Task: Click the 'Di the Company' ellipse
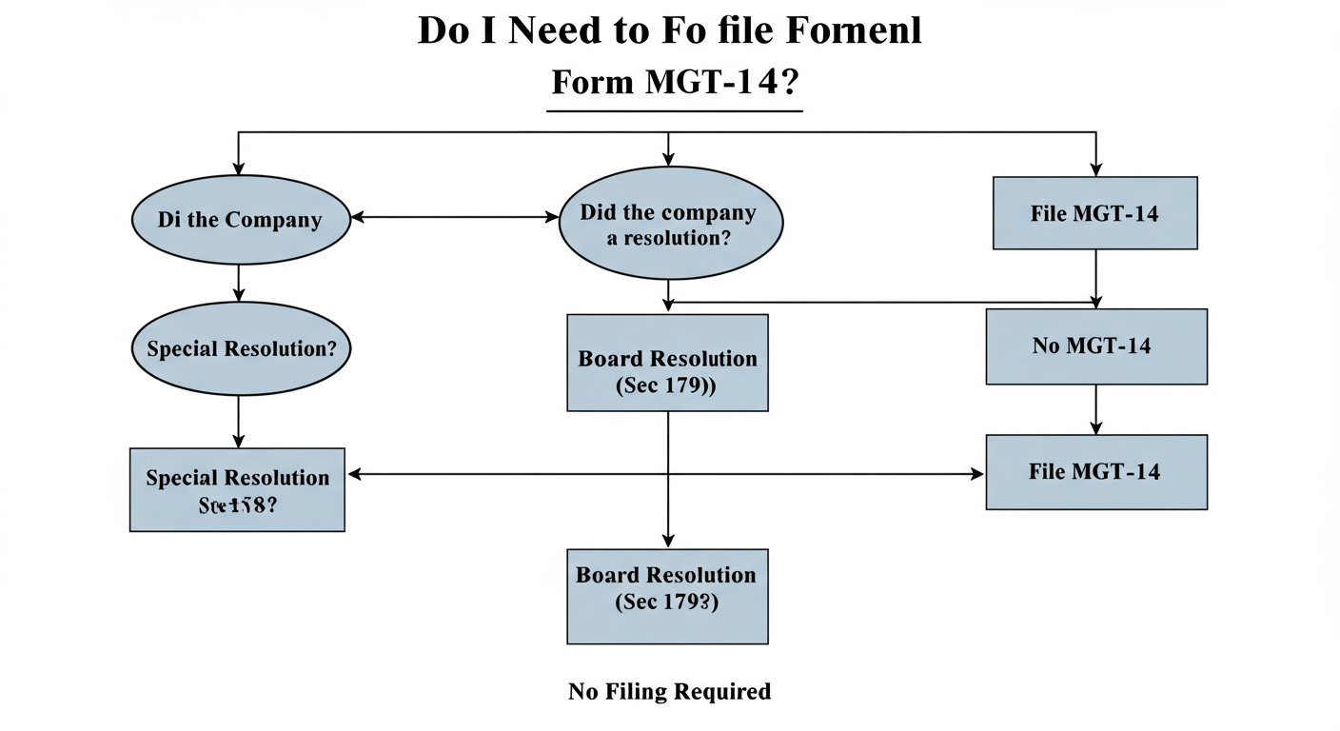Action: (x=240, y=220)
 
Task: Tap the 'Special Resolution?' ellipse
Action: (x=241, y=348)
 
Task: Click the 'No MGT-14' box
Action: (x=1095, y=346)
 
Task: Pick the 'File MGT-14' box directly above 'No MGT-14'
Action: (x=1094, y=213)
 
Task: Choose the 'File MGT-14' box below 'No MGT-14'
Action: (x=1095, y=472)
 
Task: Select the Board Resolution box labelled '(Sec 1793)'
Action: (x=667, y=597)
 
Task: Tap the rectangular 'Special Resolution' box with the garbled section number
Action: (x=237, y=489)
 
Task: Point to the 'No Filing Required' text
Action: (x=669, y=691)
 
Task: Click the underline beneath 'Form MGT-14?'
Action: (x=675, y=111)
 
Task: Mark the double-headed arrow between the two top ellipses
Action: (x=454, y=218)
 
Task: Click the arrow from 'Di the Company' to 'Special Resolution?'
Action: (x=239, y=283)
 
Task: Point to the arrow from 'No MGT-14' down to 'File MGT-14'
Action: (x=1095, y=409)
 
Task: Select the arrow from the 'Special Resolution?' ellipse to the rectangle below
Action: (x=239, y=421)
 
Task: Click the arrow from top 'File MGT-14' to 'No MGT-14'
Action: (x=1095, y=278)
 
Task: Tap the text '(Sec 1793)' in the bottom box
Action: (x=667, y=602)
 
